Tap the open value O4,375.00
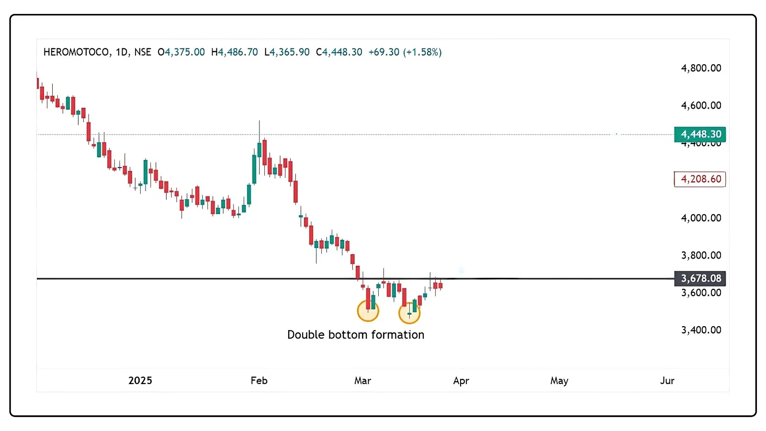point(181,52)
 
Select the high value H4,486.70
point(235,52)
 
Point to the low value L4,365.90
point(287,52)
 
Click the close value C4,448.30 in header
point(339,52)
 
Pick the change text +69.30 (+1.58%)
point(405,52)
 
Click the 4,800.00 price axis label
point(701,68)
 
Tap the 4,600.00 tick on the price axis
point(701,105)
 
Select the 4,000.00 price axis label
point(701,218)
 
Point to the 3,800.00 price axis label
point(701,255)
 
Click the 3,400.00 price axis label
point(701,330)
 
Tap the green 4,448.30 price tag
point(700,134)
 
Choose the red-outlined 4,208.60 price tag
point(700,179)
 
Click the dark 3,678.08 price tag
point(700,278)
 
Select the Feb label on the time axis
point(259,381)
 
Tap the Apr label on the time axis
point(461,381)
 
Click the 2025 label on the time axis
point(140,381)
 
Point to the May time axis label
point(559,381)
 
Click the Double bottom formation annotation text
point(356,335)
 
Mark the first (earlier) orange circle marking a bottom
point(368,311)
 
